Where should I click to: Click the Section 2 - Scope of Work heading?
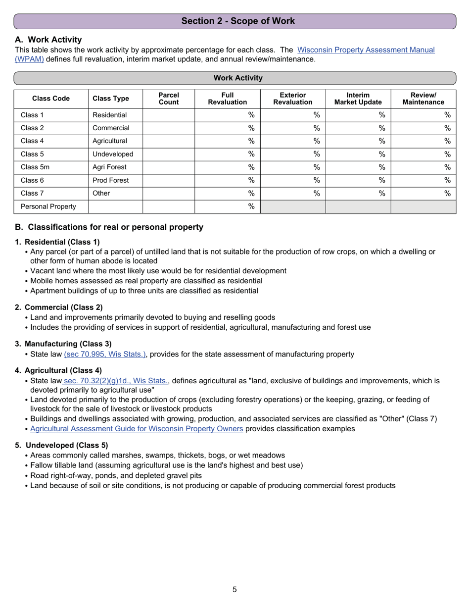[237, 21]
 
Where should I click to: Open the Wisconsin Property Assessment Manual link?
[366, 50]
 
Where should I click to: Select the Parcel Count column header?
[169, 99]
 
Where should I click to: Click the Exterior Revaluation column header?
[292, 99]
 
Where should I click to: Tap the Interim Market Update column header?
[358, 99]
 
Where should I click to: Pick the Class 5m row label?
[35, 167]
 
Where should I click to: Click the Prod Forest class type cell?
[110, 180]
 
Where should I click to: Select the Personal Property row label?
[48, 206]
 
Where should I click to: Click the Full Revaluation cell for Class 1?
[227, 115]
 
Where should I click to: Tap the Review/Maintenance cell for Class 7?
[423, 193]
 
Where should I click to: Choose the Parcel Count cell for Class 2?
[169, 128]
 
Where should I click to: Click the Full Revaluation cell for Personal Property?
[227, 206]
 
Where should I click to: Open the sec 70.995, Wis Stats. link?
[105, 354]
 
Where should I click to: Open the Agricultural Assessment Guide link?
[137, 429]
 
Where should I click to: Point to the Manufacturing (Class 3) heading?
[68, 344]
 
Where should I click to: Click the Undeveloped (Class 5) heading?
[66, 445]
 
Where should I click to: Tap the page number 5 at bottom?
[235, 589]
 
